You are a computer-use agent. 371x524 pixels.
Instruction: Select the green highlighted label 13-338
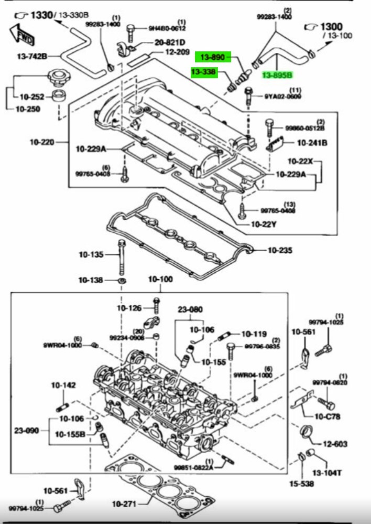tap(204, 72)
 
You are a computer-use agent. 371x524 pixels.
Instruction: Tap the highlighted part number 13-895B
tap(276, 75)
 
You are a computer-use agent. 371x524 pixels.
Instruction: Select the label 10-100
tap(160, 279)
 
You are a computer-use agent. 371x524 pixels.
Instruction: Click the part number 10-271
tap(124, 504)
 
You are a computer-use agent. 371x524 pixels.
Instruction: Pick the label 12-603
tap(335, 444)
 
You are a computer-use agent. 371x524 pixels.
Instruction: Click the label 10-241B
tap(312, 142)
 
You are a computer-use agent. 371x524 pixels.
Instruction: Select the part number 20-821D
tap(170, 42)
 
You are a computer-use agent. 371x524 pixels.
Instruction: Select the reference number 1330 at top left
tap(41, 15)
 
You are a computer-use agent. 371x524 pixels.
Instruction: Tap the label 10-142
tap(63, 386)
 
